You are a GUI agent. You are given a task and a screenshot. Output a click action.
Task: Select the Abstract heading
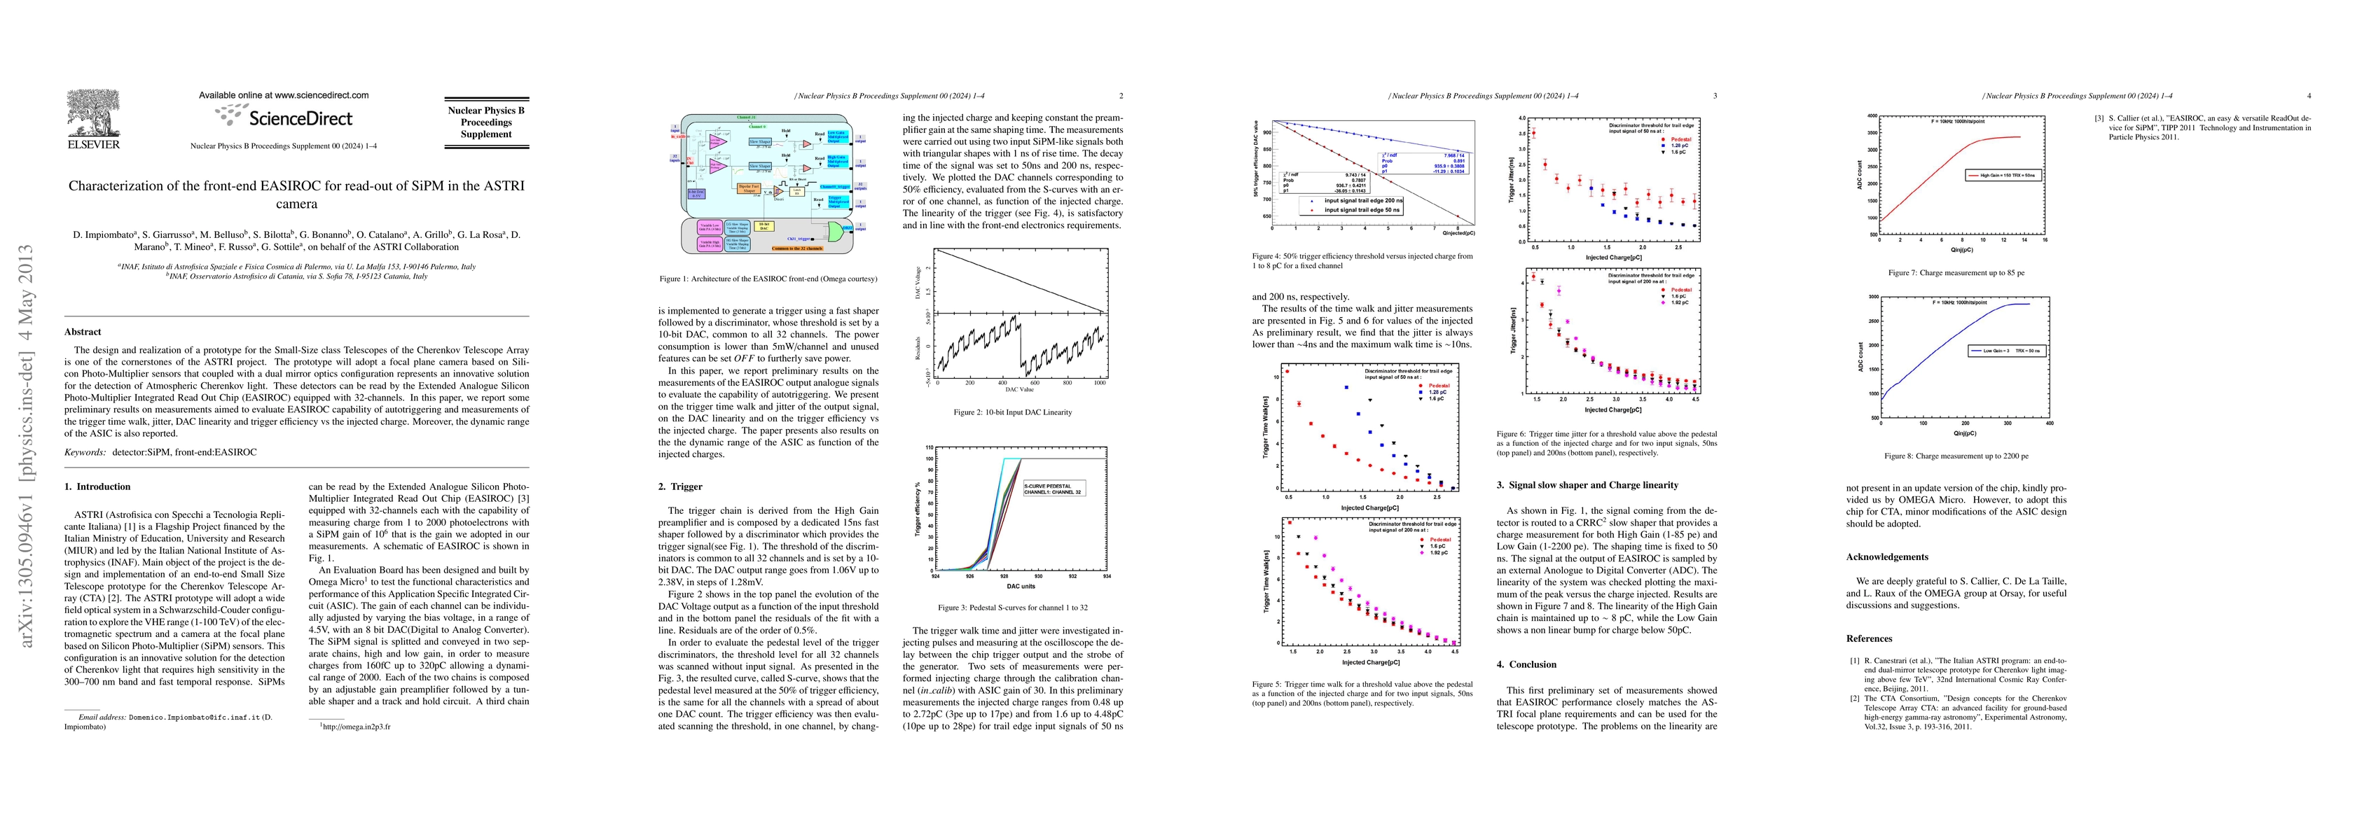83,332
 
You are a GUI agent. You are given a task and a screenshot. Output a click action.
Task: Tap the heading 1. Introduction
98,486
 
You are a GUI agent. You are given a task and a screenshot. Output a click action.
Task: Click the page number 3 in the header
1715,96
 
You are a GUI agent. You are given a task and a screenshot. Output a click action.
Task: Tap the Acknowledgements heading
1886,557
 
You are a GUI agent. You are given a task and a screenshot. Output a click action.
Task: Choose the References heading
1869,638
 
